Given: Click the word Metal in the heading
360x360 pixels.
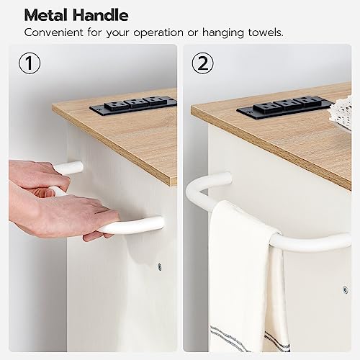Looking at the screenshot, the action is pyautogui.click(x=46, y=15).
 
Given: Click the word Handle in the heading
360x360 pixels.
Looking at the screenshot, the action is pyautogui.click(x=101, y=15).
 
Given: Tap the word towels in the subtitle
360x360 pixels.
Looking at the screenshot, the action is pyautogui.click(x=266, y=32).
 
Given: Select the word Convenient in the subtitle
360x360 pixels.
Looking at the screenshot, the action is pyautogui.click(x=54, y=32).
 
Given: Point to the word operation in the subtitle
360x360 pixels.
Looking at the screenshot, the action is pyautogui.click(x=158, y=33).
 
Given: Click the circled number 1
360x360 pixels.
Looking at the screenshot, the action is pyautogui.click(x=30, y=63).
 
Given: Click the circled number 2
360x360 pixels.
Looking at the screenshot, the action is pyautogui.click(x=202, y=63).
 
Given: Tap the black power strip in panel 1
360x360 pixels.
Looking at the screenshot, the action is pyautogui.click(x=133, y=105).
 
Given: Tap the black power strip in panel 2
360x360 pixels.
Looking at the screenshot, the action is pyautogui.click(x=286, y=107).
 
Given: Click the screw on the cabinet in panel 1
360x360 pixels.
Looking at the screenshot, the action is pyautogui.click(x=159, y=266).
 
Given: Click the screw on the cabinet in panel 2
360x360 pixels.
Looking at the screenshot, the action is pyautogui.click(x=345, y=289).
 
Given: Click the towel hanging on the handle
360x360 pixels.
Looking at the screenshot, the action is pyautogui.click(x=247, y=276).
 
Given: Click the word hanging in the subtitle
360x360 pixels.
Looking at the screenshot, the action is pyautogui.click(x=222, y=33).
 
